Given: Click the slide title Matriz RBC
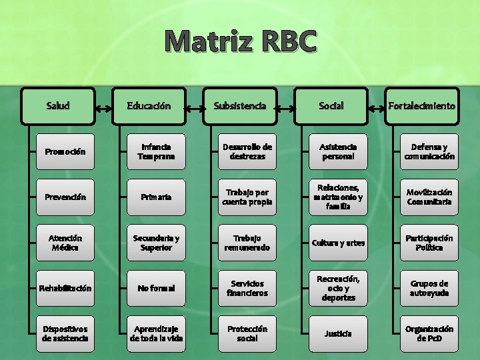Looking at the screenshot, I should (x=240, y=41).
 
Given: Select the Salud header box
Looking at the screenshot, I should (x=59, y=105).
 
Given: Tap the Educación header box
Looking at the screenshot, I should (x=149, y=105).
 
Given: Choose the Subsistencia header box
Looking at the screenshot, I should (x=239, y=105).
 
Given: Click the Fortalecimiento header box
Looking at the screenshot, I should (x=421, y=105).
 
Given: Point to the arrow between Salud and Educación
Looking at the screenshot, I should (x=103, y=106).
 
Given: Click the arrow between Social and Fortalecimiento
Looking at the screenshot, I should (x=377, y=106).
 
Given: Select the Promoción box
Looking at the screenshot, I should (x=65, y=151).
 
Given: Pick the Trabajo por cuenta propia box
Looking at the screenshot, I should (x=247, y=197).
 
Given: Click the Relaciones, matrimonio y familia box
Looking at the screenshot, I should (x=338, y=197).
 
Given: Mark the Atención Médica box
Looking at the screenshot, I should (x=65, y=243).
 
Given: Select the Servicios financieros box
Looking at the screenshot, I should (x=247, y=288).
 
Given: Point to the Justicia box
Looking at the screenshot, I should (x=338, y=333).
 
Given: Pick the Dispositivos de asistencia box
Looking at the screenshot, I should (x=65, y=333).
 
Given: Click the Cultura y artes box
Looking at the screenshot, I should (x=338, y=243).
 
